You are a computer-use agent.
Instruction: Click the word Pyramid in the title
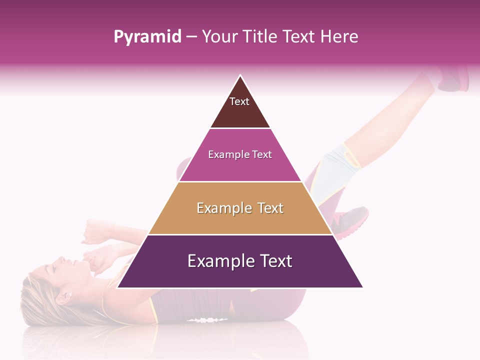click(147, 36)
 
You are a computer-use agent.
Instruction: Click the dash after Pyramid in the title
click(191, 37)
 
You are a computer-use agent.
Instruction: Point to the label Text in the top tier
click(239, 101)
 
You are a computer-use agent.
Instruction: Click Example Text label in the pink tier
click(240, 154)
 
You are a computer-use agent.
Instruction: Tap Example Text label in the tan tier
click(240, 208)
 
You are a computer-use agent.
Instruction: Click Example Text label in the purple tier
click(240, 261)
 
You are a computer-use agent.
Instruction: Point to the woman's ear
click(64, 298)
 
